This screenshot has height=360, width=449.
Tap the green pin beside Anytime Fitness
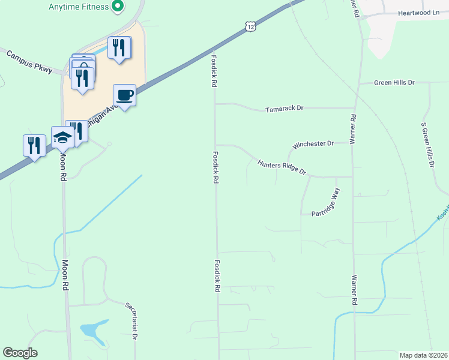click(118, 7)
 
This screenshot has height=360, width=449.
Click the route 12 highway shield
click(250, 26)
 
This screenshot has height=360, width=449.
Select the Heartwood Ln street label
click(418, 12)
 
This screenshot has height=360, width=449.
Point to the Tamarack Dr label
click(285, 109)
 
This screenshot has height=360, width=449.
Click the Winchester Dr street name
click(313, 145)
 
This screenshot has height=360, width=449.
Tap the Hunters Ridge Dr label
click(282, 167)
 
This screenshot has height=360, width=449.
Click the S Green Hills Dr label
click(427, 145)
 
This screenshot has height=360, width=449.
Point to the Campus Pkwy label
click(29, 62)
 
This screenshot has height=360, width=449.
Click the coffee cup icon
click(124, 95)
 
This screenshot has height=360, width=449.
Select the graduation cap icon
click(62, 138)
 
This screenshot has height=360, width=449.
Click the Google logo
click(20, 353)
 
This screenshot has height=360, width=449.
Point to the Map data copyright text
click(423, 355)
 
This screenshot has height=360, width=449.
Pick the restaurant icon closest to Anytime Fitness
click(119, 47)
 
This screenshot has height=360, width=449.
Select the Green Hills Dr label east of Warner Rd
click(394, 82)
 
